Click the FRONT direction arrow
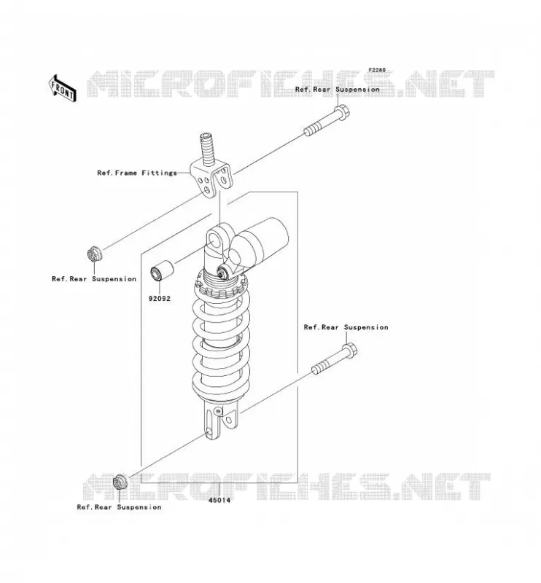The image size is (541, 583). (x=63, y=88)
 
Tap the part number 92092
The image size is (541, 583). (x=160, y=298)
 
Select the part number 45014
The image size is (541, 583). (x=219, y=500)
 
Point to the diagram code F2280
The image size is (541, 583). (x=377, y=70)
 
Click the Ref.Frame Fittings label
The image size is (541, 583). (x=137, y=173)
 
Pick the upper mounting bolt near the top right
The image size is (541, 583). (x=327, y=120)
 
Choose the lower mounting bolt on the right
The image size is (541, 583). (x=334, y=359)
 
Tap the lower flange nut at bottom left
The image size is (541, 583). (x=120, y=482)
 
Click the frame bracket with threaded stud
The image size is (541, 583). (x=211, y=171)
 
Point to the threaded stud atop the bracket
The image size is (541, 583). (x=208, y=148)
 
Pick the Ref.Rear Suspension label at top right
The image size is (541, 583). (x=337, y=90)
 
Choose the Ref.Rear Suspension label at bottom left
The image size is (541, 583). (x=119, y=507)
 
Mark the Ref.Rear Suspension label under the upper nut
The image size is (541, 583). (x=94, y=279)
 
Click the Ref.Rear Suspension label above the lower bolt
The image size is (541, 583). (x=346, y=327)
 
